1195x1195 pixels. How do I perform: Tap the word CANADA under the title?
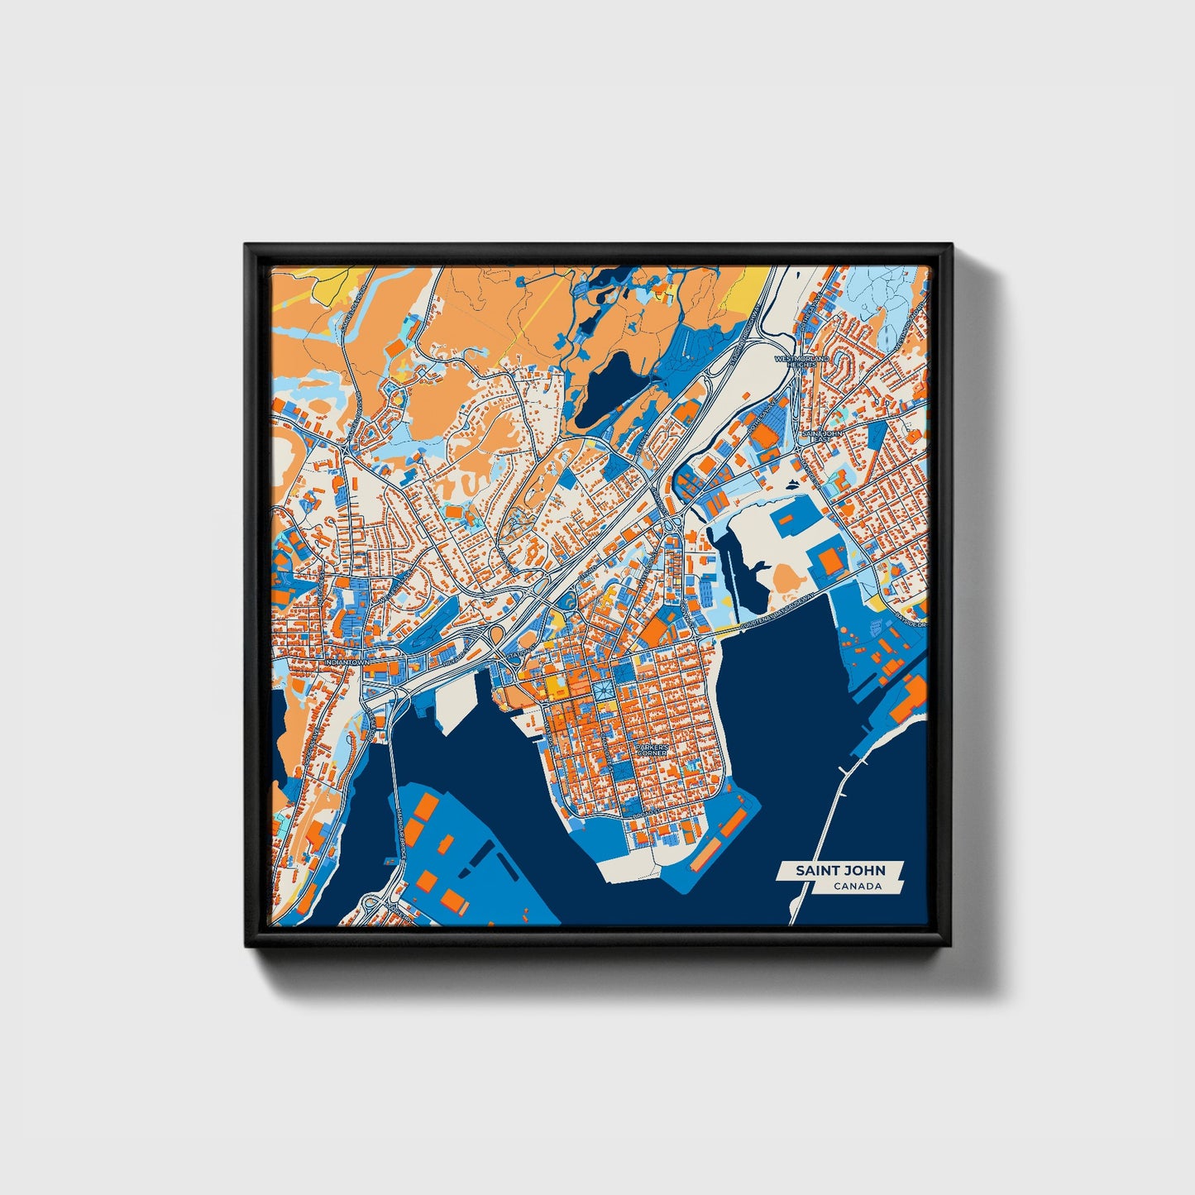click(857, 887)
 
